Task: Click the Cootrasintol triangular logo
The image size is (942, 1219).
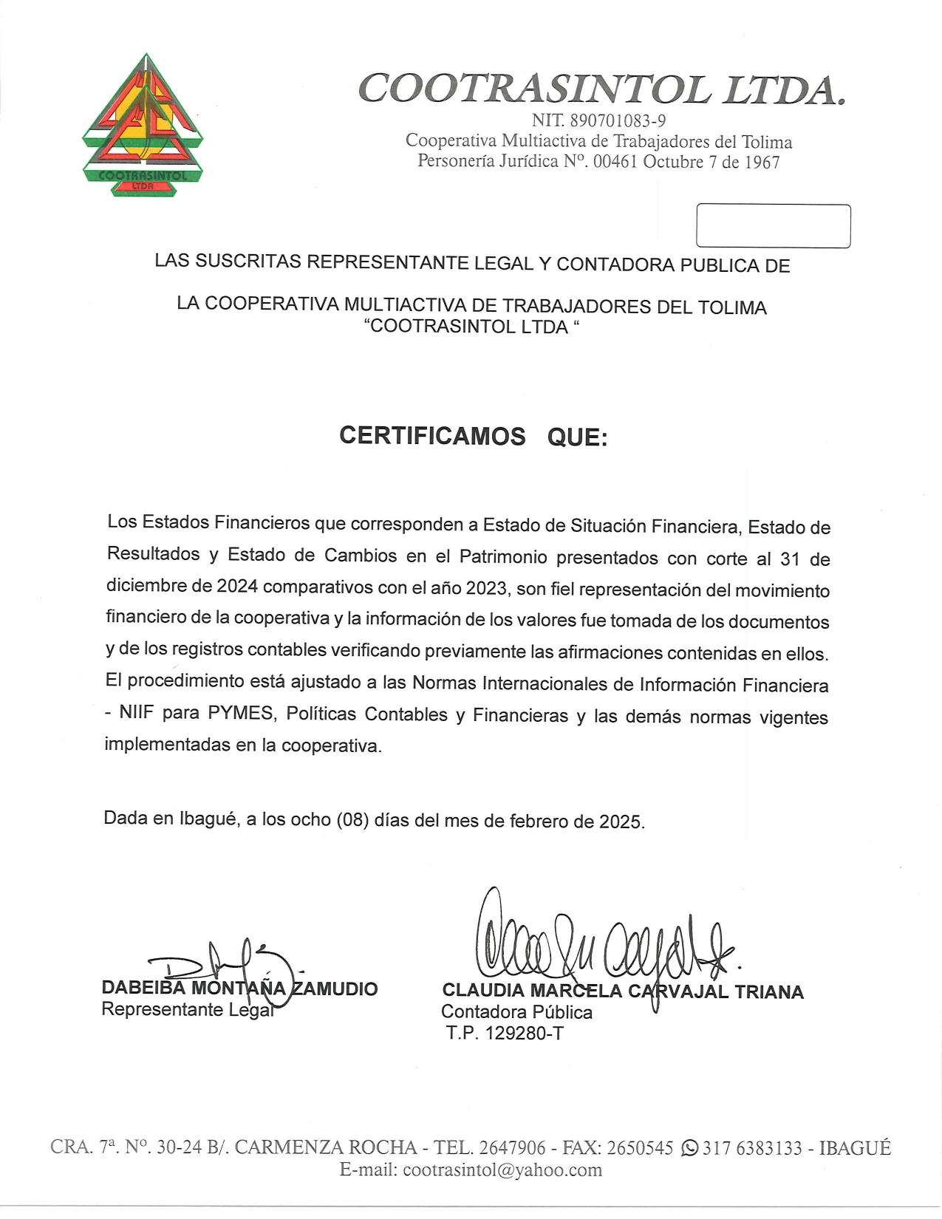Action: pyautogui.click(x=143, y=126)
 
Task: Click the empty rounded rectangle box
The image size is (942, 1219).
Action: pyautogui.click(x=773, y=226)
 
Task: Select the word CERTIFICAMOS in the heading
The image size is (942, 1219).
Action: pyautogui.click(x=432, y=436)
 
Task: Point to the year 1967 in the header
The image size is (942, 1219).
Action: pyautogui.click(x=762, y=163)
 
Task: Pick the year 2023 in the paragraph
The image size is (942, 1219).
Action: pyautogui.click(x=486, y=588)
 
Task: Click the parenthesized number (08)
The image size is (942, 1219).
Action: pyautogui.click(x=352, y=820)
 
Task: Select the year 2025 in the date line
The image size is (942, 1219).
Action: pyautogui.click(x=621, y=822)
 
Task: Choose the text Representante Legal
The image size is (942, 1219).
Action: pyautogui.click(x=187, y=1009)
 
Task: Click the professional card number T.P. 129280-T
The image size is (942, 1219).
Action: pyautogui.click(x=505, y=1033)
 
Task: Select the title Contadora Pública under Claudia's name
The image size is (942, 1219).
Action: pyautogui.click(x=516, y=1012)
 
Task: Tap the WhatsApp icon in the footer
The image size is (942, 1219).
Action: pyautogui.click(x=689, y=1147)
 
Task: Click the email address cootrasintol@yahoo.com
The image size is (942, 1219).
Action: pyautogui.click(x=502, y=1170)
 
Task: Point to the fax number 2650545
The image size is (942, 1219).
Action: pyautogui.click(x=640, y=1147)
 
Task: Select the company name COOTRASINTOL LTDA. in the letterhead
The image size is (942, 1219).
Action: pyautogui.click(x=601, y=89)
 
